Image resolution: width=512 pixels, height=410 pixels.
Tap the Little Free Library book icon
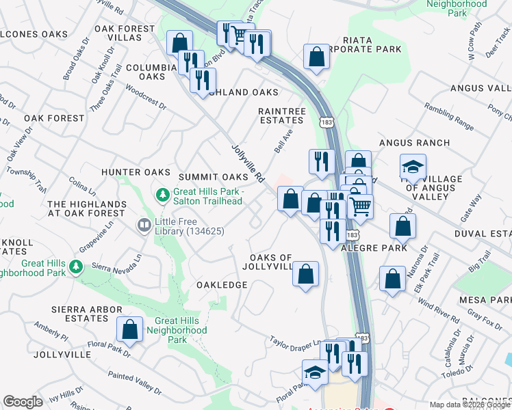pyautogui.click(x=144, y=224)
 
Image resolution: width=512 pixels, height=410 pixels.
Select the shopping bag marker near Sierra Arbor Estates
pyautogui.click(x=129, y=329)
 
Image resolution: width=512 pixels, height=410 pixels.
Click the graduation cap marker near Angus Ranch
pyautogui.click(x=413, y=167)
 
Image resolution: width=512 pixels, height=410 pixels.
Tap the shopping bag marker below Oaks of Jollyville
pyautogui.click(x=306, y=274)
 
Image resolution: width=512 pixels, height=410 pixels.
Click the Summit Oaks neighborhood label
pyautogui.click(x=213, y=177)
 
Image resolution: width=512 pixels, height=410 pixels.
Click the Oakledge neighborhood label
pyautogui.click(x=222, y=284)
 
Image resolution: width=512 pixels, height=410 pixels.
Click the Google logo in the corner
pyautogui.click(x=23, y=402)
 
